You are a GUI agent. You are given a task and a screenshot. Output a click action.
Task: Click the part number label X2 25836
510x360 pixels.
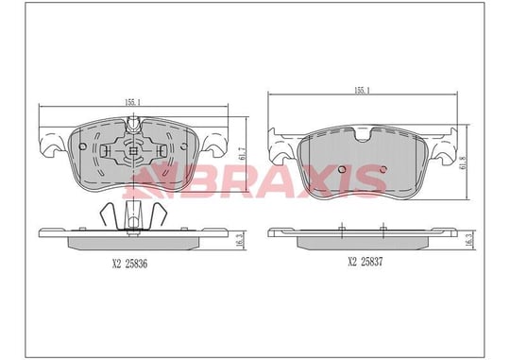tap(129, 264)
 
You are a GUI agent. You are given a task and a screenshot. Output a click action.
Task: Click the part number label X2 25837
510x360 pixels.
tap(365, 262)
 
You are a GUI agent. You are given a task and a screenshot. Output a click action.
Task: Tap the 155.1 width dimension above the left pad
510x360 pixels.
tap(132, 102)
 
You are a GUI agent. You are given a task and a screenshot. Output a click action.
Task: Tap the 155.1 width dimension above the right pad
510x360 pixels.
tap(362, 91)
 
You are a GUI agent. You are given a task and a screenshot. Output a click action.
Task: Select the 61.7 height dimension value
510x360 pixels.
tap(242, 153)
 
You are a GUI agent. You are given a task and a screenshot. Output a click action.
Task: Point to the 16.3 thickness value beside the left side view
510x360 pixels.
tap(242, 240)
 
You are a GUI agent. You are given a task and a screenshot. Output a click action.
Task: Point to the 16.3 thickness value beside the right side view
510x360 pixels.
tap(469, 240)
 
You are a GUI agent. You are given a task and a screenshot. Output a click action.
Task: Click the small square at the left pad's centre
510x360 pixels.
tap(133, 150)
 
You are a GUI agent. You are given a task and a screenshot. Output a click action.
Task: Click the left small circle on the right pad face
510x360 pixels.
tap(342, 169)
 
